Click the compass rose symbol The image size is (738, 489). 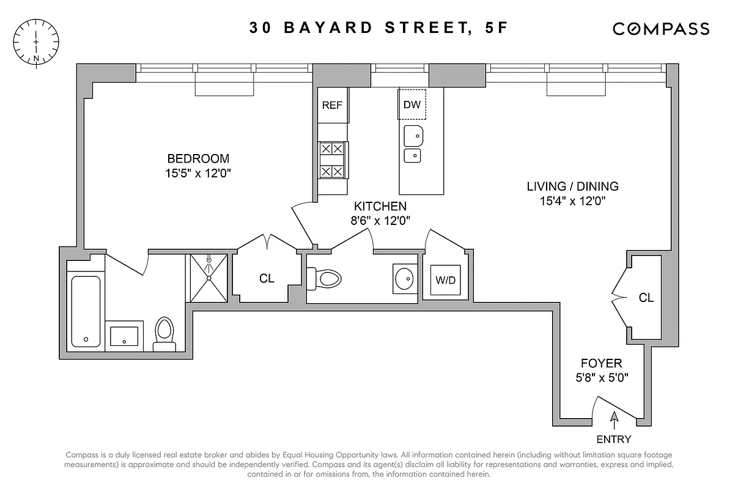(x=37, y=42)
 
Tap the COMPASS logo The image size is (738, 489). (x=661, y=29)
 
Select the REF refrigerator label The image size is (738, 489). (x=332, y=105)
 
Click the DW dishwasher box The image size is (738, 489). (x=412, y=105)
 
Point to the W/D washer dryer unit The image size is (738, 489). (x=445, y=280)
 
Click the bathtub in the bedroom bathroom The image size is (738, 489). (x=86, y=311)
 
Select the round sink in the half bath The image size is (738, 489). (x=404, y=279)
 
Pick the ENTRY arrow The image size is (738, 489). (x=614, y=420)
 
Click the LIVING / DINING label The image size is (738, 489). (x=573, y=186)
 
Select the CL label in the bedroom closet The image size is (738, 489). (x=267, y=279)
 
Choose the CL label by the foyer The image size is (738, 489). (x=646, y=298)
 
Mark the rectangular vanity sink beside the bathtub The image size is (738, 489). (x=124, y=336)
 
